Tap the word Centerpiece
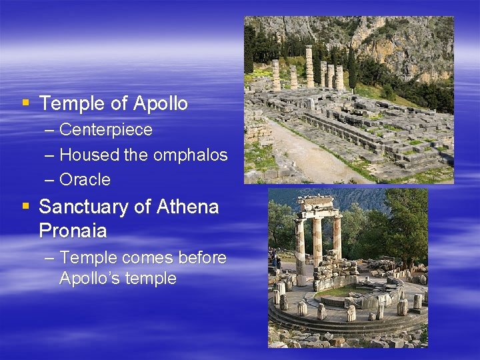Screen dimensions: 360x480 tap(105, 130)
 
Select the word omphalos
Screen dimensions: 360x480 tap(190, 155)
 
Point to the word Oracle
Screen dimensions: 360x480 tap(85, 180)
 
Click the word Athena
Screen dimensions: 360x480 tap(187, 207)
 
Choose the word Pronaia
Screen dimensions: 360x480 tap(73, 231)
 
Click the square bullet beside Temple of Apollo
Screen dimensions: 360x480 tap(25, 103)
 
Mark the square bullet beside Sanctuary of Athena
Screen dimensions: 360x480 tap(25, 207)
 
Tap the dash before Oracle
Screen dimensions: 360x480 tap(51, 180)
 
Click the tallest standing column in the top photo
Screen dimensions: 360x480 tap(309, 66)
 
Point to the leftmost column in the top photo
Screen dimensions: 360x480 tap(276, 75)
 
